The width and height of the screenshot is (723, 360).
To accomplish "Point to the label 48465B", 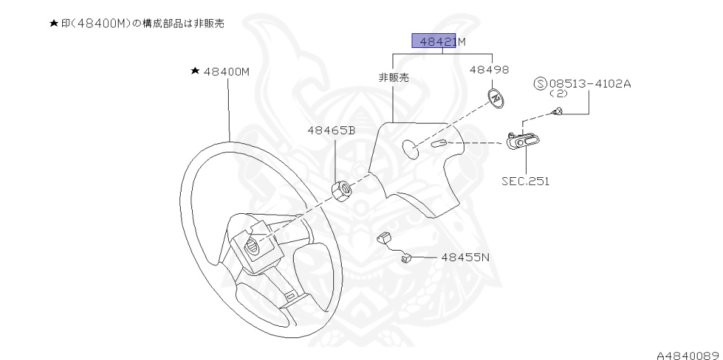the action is (x=330, y=131).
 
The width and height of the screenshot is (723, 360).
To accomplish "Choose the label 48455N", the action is (x=465, y=258).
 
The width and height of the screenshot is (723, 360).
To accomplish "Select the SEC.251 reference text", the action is (x=525, y=181).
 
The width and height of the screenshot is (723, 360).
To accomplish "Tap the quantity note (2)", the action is (x=558, y=93).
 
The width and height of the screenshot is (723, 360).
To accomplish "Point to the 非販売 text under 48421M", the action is (x=393, y=78).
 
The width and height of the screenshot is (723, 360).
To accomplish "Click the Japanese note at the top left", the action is (x=136, y=23).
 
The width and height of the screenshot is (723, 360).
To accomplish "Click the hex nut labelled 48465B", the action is (x=341, y=191).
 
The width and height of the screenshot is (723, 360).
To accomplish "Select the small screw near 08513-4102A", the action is (x=558, y=110).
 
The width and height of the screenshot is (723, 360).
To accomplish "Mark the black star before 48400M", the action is (x=194, y=71).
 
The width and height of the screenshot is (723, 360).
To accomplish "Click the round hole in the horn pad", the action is (x=410, y=148).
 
